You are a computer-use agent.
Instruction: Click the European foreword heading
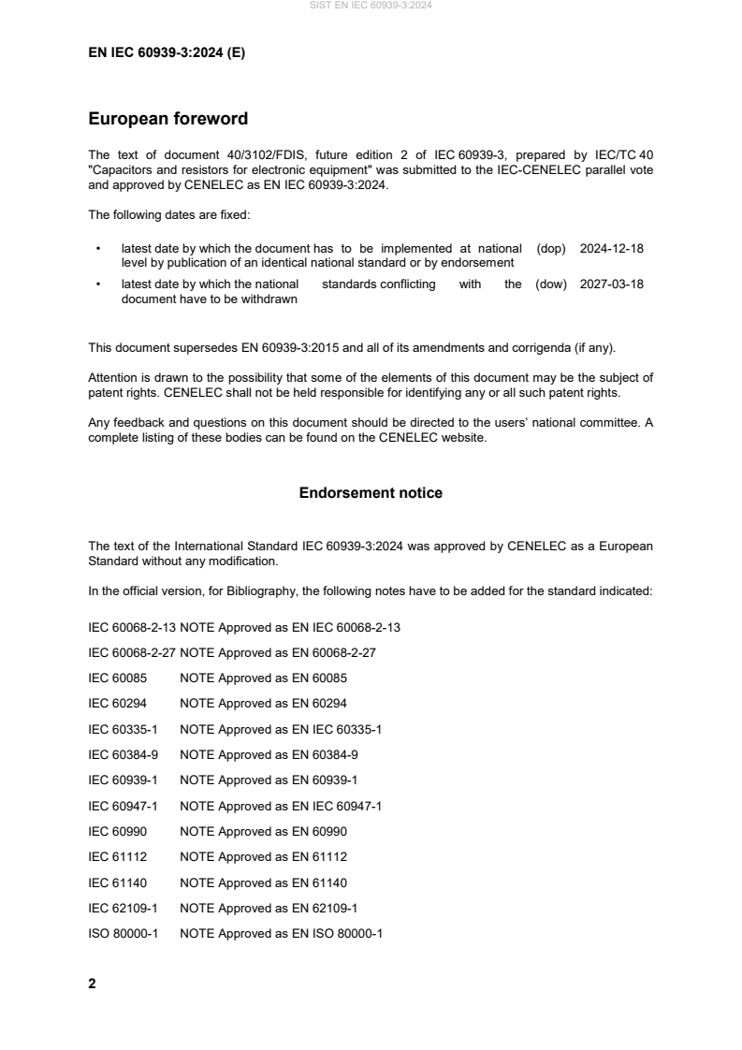point(167,119)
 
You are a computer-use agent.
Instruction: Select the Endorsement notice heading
point(371,492)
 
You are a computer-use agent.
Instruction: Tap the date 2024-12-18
point(611,249)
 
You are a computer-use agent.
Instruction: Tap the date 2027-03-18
point(611,284)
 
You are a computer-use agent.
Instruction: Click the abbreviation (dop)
point(551,249)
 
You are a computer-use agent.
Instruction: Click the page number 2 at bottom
point(92,984)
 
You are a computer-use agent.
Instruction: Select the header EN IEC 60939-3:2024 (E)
point(167,53)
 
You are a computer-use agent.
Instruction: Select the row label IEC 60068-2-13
point(131,627)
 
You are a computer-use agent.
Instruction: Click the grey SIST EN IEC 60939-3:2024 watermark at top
point(371,6)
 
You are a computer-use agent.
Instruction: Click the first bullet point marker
point(97,250)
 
